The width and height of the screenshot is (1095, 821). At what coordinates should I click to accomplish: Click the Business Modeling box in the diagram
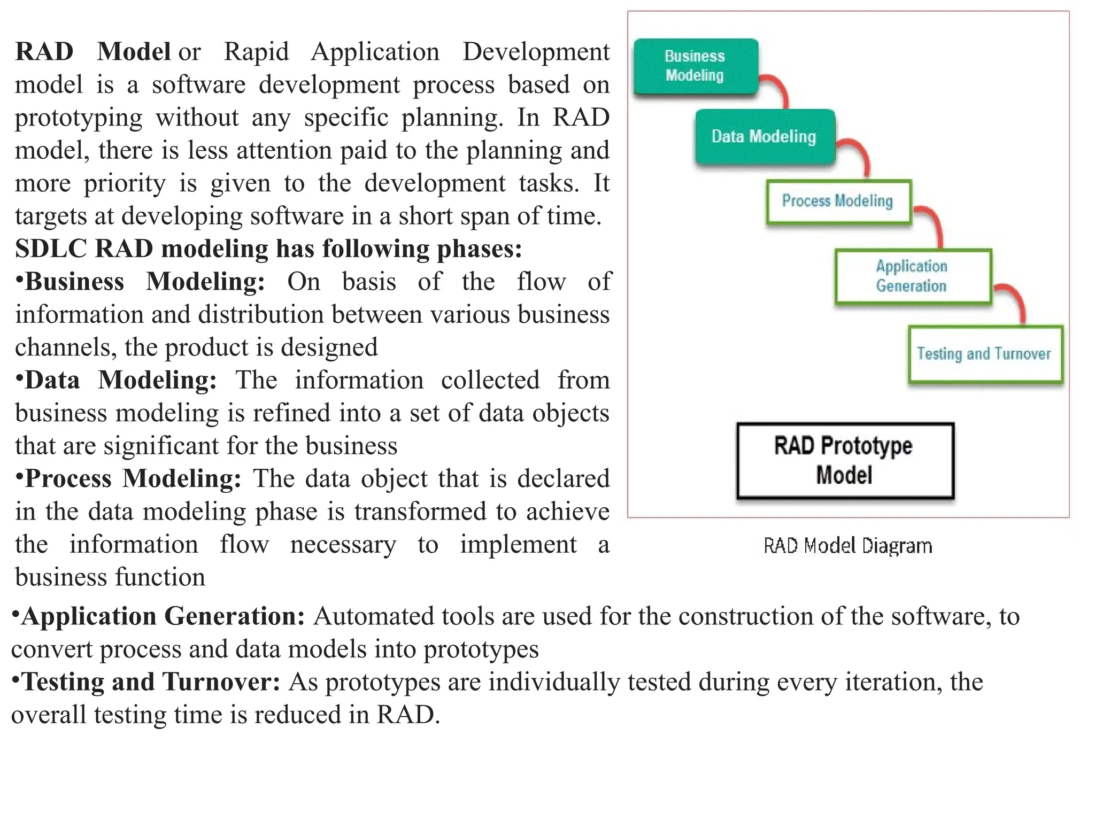pyautogui.click(x=695, y=66)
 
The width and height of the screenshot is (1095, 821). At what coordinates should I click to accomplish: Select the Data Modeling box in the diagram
pyautogui.click(x=765, y=137)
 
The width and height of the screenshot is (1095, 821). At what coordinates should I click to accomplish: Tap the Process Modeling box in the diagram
pyautogui.click(x=838, y=202)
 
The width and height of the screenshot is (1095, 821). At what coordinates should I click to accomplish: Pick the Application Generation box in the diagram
pyautogui.click(x=912, y=276)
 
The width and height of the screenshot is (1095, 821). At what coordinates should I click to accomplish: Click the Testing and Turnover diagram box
pyautogui.click(x=984, y=354)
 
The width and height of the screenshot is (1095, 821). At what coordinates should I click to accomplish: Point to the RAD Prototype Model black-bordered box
pyautogui.click(x=844, y=461)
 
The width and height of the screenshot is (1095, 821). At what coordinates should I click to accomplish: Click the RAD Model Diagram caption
pyautogui.click(x=847, y=546)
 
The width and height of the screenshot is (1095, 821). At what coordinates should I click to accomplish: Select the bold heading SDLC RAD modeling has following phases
pyautogui.click(x=268, y=249)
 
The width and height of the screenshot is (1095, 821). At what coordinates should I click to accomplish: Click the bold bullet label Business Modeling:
pyautogui.click(x=144, y=282)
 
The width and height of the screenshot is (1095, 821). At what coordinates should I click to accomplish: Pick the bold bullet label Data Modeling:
pyautogui.click(x=120, y=381)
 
